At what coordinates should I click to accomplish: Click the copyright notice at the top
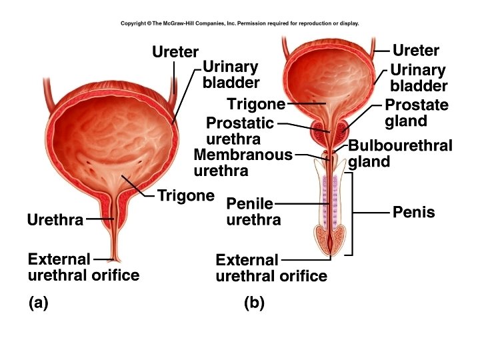[x=240, y=23]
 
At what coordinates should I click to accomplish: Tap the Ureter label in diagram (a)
[x=175, y=51]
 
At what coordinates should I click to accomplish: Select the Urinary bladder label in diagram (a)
[x=230, y=75]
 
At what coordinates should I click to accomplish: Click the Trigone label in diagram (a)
[x=185, y=196]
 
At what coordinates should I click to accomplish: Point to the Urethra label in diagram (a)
[x=55, y=219]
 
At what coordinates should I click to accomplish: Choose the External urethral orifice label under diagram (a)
[x=83, y=267]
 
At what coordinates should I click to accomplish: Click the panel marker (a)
[x=39, y=303]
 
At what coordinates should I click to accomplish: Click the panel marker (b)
[x=254, y=303]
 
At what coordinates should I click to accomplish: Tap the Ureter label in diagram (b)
[x=416, y=51]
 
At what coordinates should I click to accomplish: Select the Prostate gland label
[x=417, y=113]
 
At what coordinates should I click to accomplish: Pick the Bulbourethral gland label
[x=400, y=153]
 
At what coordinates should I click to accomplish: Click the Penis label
[x=413, y=213]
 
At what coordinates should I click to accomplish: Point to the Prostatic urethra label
[x=240, y=131]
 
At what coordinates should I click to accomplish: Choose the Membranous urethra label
[x=243, y=163]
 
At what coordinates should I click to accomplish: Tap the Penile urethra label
[x=253, y=211]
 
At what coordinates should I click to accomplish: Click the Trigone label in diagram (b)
[x=256, y=104]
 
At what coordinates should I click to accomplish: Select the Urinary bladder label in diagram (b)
[x=419, y=78]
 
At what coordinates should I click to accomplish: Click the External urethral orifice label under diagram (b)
[x=271, y=268]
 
